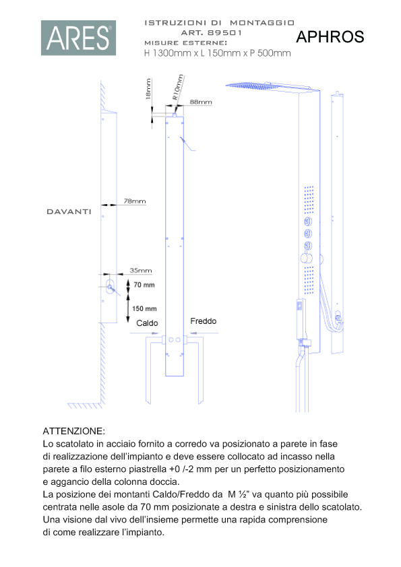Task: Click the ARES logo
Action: click(79, 38)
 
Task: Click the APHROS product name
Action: click(330, 37)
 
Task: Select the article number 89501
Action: click(224, 32)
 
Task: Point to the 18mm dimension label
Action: click(148, 89)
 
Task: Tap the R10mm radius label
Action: click(178, 87)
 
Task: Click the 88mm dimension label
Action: click(201, 102)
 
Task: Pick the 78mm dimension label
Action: click(135, 201)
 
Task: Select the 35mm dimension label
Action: click(141, 271)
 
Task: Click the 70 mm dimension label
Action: click(144, 285)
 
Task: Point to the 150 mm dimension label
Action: click(144, 309)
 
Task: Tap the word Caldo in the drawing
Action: click(147, 323)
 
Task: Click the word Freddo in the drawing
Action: click(204, 321)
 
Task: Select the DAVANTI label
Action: click(69, 212)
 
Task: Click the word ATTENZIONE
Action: click(74, 431)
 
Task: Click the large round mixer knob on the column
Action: click(307, 258)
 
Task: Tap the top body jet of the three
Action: click(308, 222)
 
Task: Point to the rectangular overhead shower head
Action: click(272, 87)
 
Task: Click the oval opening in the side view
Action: click(110, 288)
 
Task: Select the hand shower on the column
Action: click(301, 319)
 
